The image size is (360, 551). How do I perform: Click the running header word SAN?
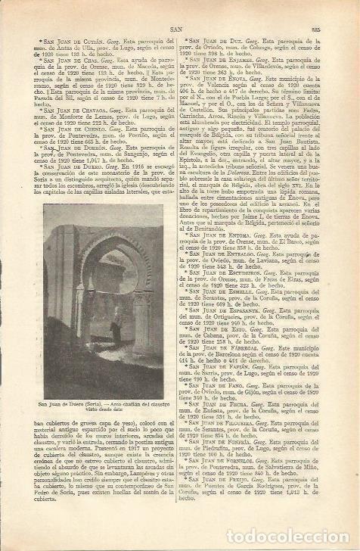[x=175, y=31]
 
